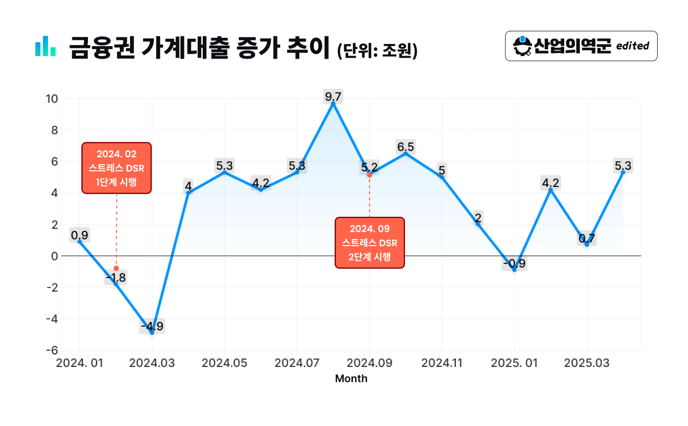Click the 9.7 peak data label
point(333,97)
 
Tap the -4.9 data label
point(152,326)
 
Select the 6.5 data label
point(405,147)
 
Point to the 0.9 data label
point(79,235)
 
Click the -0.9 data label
point(515,263)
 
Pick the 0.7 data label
point(586,239)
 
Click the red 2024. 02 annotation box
point(116,168)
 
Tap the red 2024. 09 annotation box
point(370,243)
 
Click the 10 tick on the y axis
point(52,99)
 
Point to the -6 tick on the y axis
point(52,350)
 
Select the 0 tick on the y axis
point(55,256)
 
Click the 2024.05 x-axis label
point(224,363)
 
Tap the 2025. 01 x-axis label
point(514,363)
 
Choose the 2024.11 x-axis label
point(442,363)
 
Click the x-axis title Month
point(351,378)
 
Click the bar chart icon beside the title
point(45,46)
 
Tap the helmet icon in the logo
point(522,46)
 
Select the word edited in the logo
point(633,46)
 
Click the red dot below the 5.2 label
point(370,175)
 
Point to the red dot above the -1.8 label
point(116,268)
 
